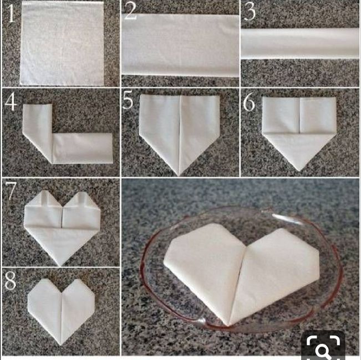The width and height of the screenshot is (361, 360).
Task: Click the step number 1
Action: (11, 14)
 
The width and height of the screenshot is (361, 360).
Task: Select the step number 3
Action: (250, 12)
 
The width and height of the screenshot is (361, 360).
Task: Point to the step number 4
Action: (11, 102)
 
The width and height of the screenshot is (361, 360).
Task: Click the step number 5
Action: (128, 100)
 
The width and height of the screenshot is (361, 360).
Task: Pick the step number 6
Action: (249, 101)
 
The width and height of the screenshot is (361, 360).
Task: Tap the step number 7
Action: (11, 191)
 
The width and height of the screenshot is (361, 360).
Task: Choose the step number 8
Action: (11, 280)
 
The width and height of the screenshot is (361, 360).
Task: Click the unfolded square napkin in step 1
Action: (62, 43)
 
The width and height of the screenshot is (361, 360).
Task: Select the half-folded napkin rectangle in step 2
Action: (181, 45)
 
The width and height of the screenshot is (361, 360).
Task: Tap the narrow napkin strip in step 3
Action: (300, 44)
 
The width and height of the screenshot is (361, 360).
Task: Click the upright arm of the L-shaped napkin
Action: (38, 128)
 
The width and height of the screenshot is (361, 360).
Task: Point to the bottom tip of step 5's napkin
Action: (179, 176)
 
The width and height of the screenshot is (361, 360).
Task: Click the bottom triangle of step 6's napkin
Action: (299, 150)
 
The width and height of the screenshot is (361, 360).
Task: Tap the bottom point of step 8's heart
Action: (61, 345)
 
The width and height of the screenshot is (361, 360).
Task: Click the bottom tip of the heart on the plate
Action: (227, 325)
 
